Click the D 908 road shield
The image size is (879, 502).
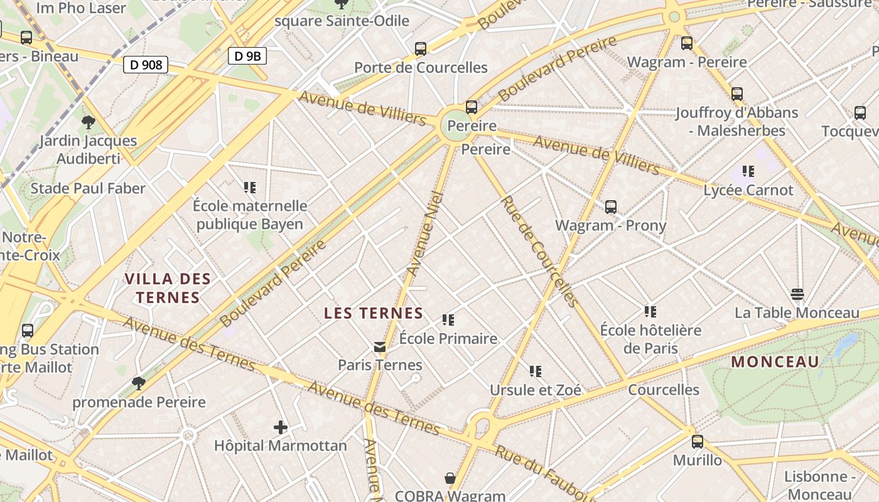(x=146, y=64)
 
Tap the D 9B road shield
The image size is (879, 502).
(x=247, y=56)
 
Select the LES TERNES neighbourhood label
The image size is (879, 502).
(x=374, y=313)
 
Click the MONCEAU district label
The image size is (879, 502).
(x=775, y=361)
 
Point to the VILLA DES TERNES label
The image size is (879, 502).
(x=168, y=288)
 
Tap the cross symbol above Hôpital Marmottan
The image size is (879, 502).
(x=281, y=428)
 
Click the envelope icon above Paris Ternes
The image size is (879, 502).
(x=380, y=347)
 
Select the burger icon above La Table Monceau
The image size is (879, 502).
(x=797, y=294)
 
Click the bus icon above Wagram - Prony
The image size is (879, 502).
(x=610, y=206)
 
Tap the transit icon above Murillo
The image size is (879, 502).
(x=698, y=441)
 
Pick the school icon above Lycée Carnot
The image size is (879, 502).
(x=748, y=171)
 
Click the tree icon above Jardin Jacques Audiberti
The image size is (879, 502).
(x=88, y=122)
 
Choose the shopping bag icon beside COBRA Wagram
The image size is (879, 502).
(x=450, y=479)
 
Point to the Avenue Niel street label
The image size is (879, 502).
(x=426, y=234)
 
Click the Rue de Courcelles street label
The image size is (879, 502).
(x=538, y=251)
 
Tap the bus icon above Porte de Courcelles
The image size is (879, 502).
(x=421, y=48)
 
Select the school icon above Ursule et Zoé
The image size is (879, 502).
(x=535, y=371)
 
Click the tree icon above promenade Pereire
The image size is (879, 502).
(x=139, y=383)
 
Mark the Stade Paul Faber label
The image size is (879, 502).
(x=88, y=188)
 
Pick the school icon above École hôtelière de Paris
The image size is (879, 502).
(x=650, y=311)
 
